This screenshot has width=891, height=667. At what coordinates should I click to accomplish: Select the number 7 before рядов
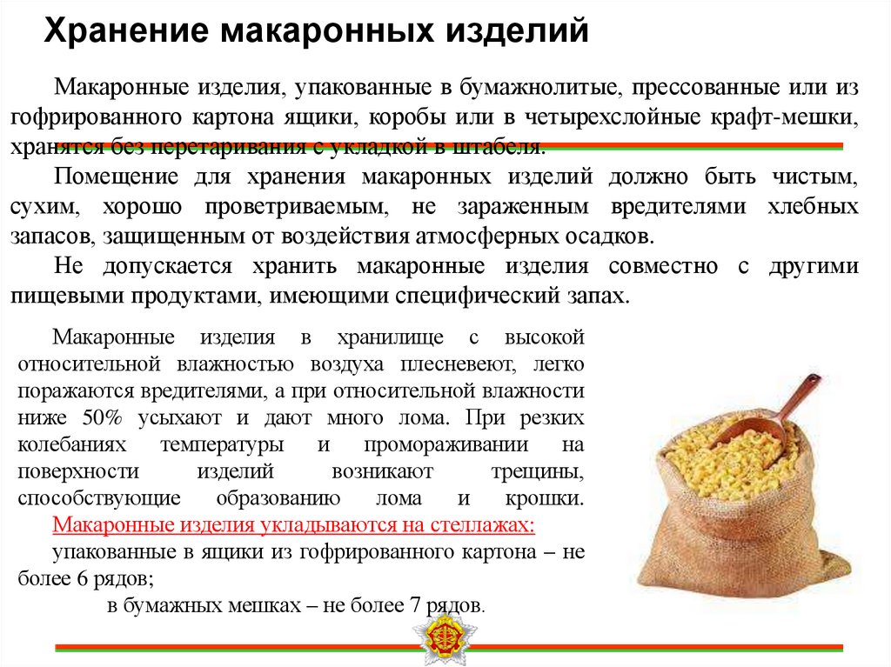(412, 605)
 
